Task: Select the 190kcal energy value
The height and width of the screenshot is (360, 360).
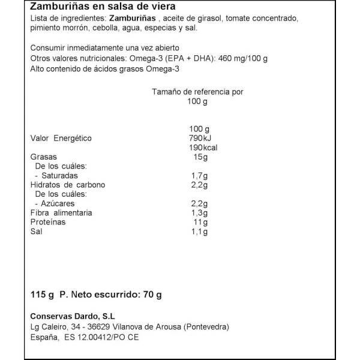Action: click(199, 148)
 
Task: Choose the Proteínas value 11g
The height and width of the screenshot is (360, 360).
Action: click(200, 222)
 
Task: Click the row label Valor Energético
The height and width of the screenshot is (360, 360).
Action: click(61, 139)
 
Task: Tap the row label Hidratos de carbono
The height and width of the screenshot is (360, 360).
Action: click(67, 185)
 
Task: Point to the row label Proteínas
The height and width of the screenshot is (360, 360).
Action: click(48, 222)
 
